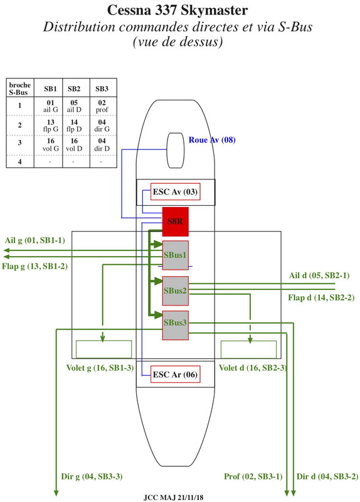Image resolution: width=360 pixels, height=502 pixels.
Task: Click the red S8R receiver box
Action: (176, 222)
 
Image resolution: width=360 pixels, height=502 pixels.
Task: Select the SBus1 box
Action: (176, 255)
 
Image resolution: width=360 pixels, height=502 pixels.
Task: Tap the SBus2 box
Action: (176, 291)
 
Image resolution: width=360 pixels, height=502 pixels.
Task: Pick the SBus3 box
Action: (176, 325)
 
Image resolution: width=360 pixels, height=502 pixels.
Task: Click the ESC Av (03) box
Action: (176, 192)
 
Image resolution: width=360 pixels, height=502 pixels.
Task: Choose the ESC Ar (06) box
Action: (176, 374)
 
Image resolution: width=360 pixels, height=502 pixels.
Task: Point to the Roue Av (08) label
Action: (212, 140)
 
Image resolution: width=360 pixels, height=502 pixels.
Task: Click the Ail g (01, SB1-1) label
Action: (35, 240)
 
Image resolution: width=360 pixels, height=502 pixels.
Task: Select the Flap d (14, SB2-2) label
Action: (321, 297)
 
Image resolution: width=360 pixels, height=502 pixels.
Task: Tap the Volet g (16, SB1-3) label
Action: (100, 368)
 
